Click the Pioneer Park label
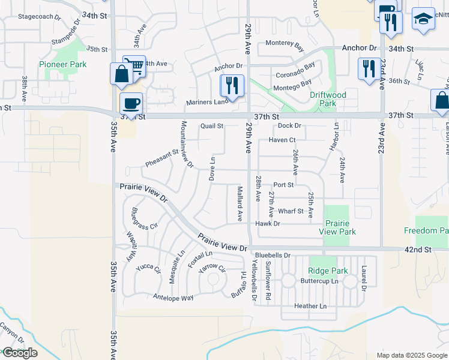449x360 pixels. point(62,64)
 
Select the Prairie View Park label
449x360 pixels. point(337,227)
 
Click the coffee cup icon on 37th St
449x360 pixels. point(131,103)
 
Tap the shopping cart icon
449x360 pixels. point(135,65)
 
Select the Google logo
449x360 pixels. point(20,353)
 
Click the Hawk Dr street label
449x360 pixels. point(268,224)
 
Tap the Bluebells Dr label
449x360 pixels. point(272,255)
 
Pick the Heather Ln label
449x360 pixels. point(310,306)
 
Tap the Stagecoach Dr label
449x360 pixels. point(40,17)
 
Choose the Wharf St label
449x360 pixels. point(291,211)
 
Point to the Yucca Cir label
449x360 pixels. point(148,268)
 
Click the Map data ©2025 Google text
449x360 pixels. point(412,355)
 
